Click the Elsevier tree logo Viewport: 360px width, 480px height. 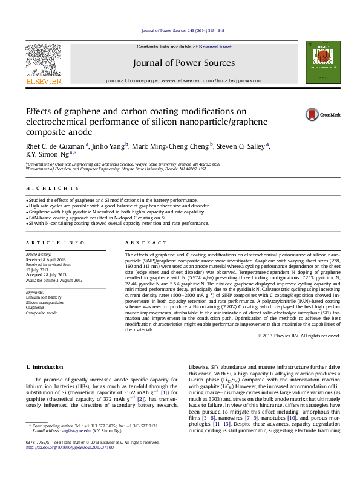43,61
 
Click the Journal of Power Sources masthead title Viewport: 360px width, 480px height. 181,63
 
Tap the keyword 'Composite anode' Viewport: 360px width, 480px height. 42,313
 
